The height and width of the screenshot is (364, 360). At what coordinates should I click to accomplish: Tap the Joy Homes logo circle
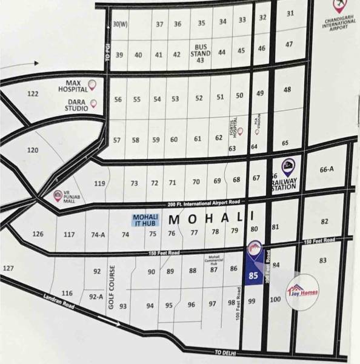pyautogui.click(x=302, y=293)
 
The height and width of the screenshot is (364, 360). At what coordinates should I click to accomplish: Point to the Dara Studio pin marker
pyautogui.click(x=93, y=103)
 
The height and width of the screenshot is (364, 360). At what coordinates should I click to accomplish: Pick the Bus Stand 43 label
pyautogui.click(x=201, y=53)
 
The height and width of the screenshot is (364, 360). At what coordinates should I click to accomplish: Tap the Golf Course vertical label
pyautogui.click(x=112, y=288)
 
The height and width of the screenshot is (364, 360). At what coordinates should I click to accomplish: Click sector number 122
pyautogui.click(x=33, y=93)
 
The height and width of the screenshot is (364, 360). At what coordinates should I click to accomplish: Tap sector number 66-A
pyautogui.click(x=327, y=169)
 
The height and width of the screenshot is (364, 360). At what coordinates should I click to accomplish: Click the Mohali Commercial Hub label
pyautogui.click(x=213, y=260)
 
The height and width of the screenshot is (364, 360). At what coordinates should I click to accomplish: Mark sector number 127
pyautogui.click(x=8, y=268)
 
